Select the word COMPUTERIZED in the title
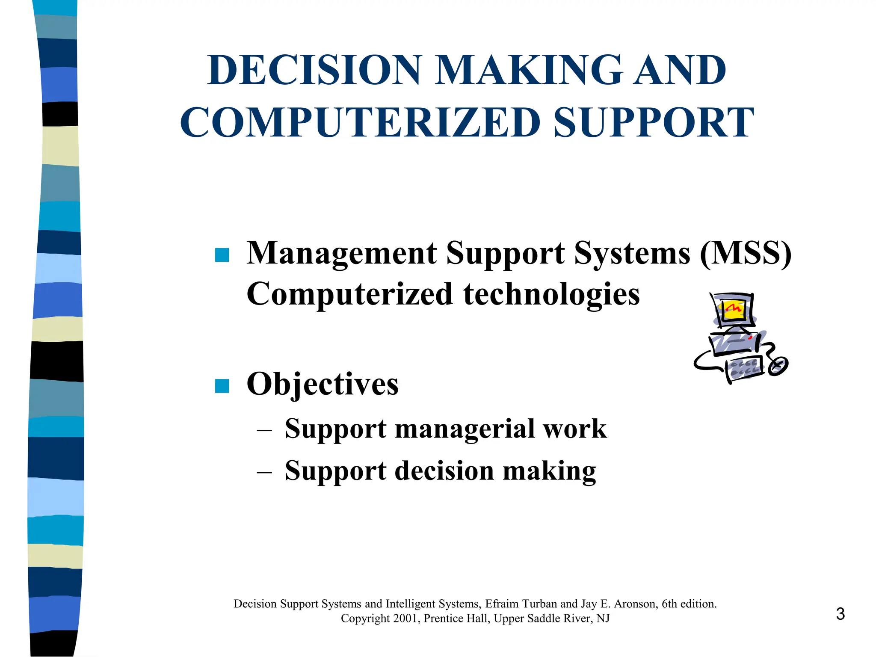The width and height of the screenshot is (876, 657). pos(361,123)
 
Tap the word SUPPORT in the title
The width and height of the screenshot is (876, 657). pos(654,123)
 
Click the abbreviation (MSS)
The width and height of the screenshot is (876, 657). pos(746,253)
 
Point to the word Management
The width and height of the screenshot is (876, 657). pos(342,253)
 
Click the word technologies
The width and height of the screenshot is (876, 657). pos(551,294)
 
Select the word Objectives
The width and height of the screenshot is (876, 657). pos(323,384)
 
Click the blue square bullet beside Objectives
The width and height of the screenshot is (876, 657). pos(222,386)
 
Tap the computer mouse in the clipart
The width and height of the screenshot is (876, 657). pos(778,367)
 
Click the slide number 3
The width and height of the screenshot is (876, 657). pos(840,614)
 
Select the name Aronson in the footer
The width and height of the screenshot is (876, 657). pos(635,604)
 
